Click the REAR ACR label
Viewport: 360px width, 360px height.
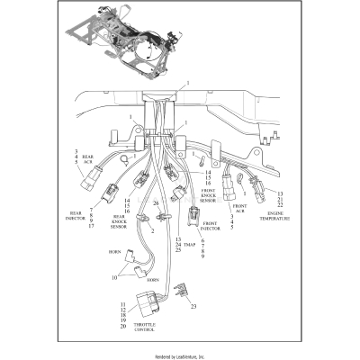pos(88,161)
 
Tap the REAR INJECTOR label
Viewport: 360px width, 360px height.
pos(75,216)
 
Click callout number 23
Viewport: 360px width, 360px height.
pos(193,305)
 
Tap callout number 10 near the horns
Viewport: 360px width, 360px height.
pos(113,279)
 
